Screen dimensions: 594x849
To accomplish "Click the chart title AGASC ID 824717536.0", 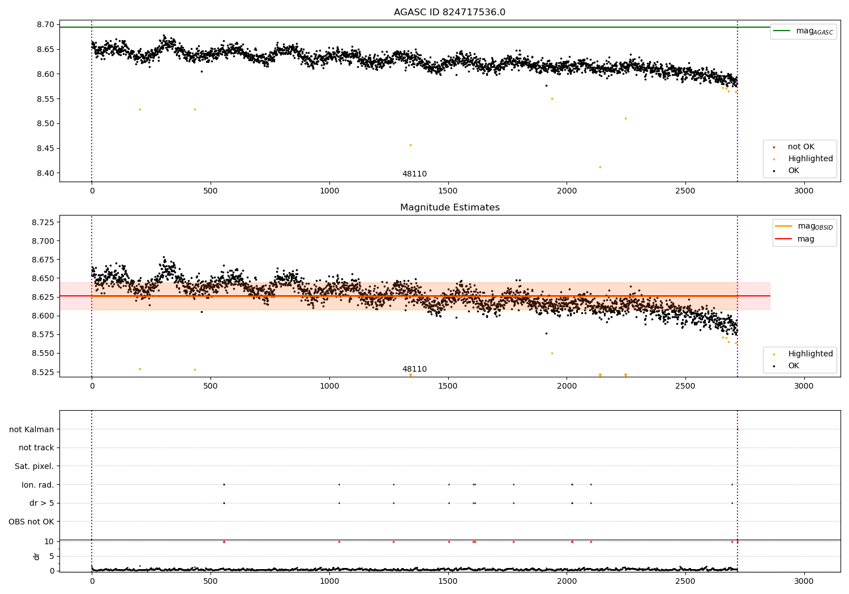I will pos(449,12).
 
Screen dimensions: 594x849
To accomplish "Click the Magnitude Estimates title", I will pos(449,208).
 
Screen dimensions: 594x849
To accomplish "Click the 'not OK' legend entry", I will pos(800,147).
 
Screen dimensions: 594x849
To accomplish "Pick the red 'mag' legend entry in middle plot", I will pos(805,239).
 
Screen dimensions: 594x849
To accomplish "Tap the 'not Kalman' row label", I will pos(32,430).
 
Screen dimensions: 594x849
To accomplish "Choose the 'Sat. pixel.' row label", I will pos(35,467).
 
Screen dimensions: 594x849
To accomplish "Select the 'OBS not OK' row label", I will pos(32,522).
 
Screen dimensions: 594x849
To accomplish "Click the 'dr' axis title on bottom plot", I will pos(37,556).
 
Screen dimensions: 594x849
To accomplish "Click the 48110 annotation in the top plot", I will pos(414,174).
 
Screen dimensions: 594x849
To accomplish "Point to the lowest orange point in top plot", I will pos(600,167).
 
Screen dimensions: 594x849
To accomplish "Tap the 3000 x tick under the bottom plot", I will pos(804,582).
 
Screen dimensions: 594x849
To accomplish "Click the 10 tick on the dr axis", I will pos(49,541).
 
